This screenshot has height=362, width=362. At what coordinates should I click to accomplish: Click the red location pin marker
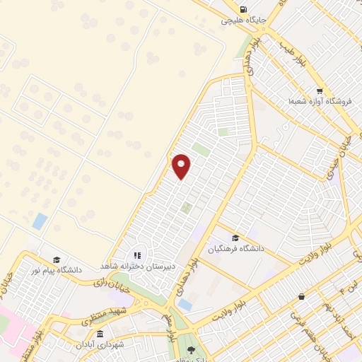click(x=182, y=166)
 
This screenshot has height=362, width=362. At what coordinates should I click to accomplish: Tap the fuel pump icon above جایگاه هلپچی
click(x=243, y=10)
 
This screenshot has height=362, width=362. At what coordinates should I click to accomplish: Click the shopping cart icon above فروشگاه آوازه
click(x=320, y=90)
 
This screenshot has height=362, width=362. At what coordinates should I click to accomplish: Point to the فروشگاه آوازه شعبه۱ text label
click(x=314, y=102)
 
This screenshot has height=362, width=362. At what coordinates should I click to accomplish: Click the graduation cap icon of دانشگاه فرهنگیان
click(x=235, y=238)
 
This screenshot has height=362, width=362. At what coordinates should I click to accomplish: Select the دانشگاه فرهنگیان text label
click(x=235, y=249)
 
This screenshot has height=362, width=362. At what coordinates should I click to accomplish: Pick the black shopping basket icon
click(x=302, y=296)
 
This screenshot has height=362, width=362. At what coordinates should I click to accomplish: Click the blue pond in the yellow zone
click(x=40, y=220)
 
